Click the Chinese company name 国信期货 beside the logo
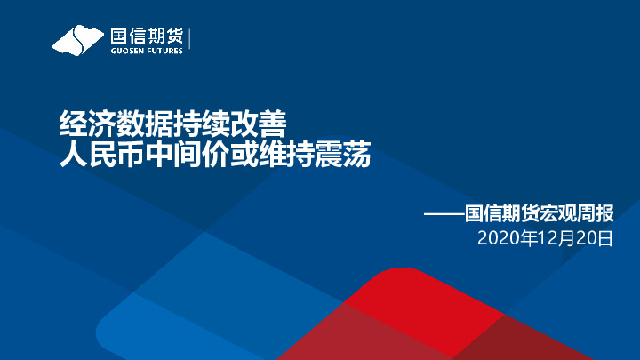[x=146, y=36]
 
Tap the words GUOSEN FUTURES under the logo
[x=147, y=52]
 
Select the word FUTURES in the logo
[x=164, y=52]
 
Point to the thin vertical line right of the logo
[x=191, y=41]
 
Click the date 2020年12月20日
[x=545, y=238]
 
